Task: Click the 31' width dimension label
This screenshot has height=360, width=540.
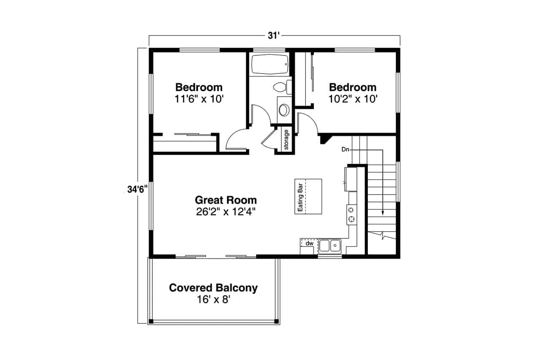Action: tap(273, 36)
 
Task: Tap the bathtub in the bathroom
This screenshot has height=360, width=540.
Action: tap(270, 65)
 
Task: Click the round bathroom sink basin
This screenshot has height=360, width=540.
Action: tap(284, 110)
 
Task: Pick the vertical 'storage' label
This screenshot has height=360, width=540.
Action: tap(286, 140)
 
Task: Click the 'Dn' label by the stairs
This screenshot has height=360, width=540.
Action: tap(345, 149)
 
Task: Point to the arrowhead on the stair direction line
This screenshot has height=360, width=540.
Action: tap(383, 212)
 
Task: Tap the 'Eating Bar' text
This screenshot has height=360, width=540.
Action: tap(300, 198)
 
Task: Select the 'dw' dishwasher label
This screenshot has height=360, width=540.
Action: tap(309, 243)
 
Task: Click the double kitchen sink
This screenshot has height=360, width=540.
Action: tap(330, 246)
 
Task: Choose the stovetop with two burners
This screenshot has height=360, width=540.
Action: tap(352, 214)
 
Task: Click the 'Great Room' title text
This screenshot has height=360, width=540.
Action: tap(226, 200)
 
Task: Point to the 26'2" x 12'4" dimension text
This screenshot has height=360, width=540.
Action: tap(226, 212)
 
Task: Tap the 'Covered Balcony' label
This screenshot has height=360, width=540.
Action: tap(213, 288)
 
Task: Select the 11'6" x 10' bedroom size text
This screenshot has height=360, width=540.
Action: tap(199, 99)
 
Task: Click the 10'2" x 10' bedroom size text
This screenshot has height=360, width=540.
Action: tap(353, 99)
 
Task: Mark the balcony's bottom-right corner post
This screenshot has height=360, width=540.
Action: tap(276, 321)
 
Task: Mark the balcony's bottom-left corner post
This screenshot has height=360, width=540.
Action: tap(151, 321)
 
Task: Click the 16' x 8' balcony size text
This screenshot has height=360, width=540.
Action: tap(213, 300)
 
